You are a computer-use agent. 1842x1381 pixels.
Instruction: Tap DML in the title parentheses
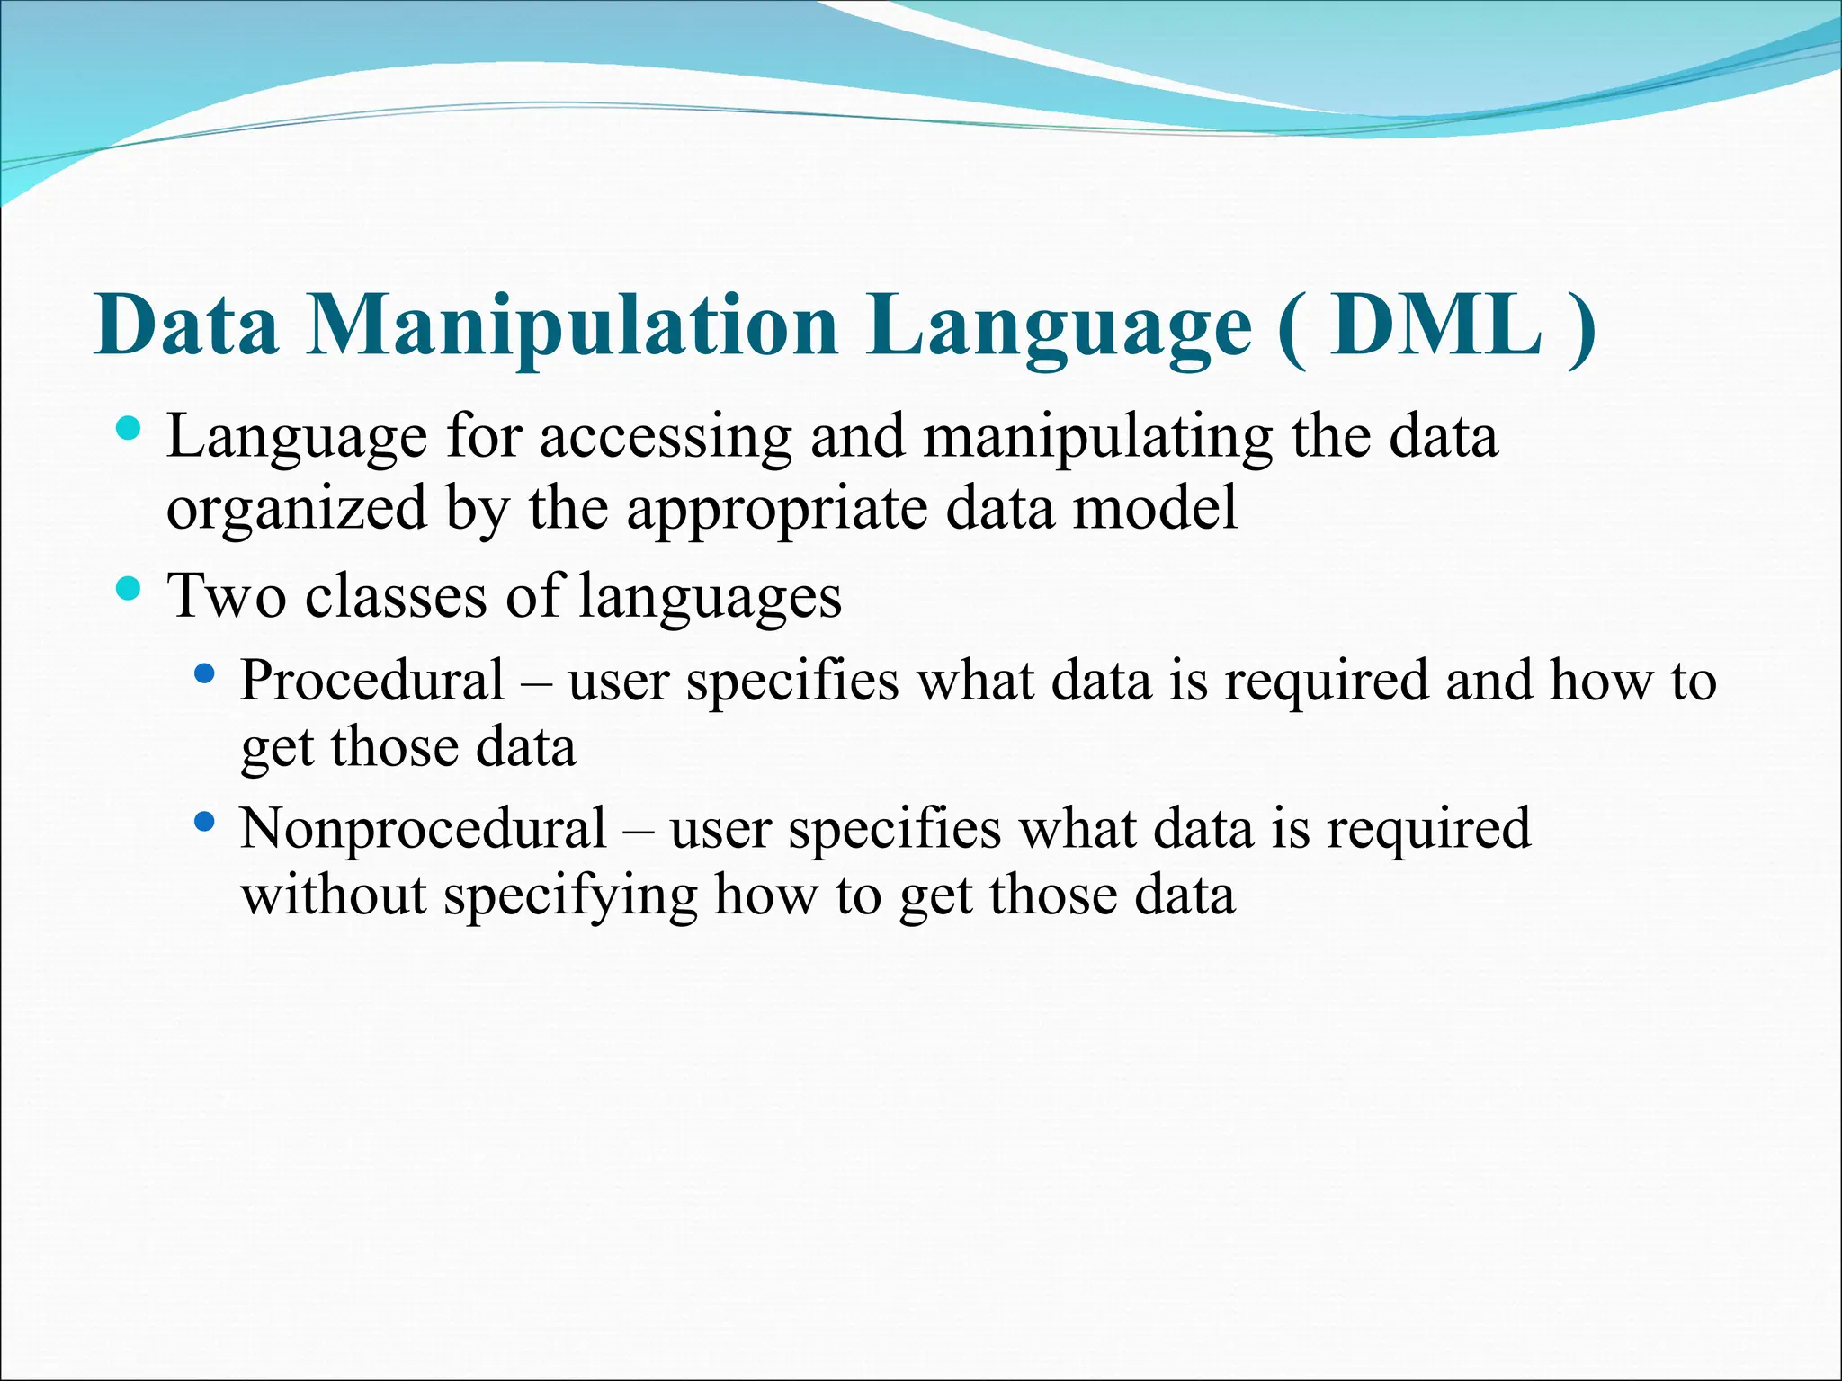[x=1436, y=325]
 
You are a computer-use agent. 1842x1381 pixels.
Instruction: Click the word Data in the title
[x=186, y=325]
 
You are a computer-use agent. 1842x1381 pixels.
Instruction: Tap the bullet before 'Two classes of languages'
[x=130, y=589]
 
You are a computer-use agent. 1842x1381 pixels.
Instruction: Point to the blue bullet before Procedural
[x=204, y=673]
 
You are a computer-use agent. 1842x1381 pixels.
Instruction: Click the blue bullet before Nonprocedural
[x=204, y=820]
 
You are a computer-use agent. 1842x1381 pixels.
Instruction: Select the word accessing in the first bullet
[x=665, y=439]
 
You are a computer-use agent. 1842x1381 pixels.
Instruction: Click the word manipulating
[x=1096, y=439]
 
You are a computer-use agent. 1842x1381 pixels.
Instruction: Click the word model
[x=1155, y=508]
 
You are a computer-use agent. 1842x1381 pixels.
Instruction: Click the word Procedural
[x=371, y=681]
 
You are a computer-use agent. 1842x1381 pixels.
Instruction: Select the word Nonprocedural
[x=423, y=829]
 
